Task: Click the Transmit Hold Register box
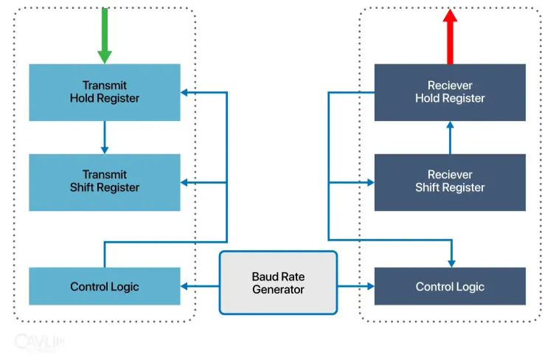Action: (104, 92)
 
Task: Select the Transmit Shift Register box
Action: (104, 182)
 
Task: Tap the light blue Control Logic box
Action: (104, 286)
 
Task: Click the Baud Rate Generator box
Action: (278, 283)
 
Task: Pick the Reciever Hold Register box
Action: (450, 92)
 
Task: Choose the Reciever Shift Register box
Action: (450, 182)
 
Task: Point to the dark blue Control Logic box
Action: (450, 286)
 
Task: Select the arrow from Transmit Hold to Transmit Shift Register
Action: (104, 137)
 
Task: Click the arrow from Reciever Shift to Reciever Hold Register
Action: (450, 137)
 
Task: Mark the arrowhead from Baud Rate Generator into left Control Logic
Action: (185, 286)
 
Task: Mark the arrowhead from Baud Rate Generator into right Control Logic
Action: (369, 286)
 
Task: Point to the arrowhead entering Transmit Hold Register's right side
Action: (185, 92)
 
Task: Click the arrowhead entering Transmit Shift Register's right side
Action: (185, 182)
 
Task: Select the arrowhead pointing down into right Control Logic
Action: (450, 263)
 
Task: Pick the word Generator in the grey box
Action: (278, 290)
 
